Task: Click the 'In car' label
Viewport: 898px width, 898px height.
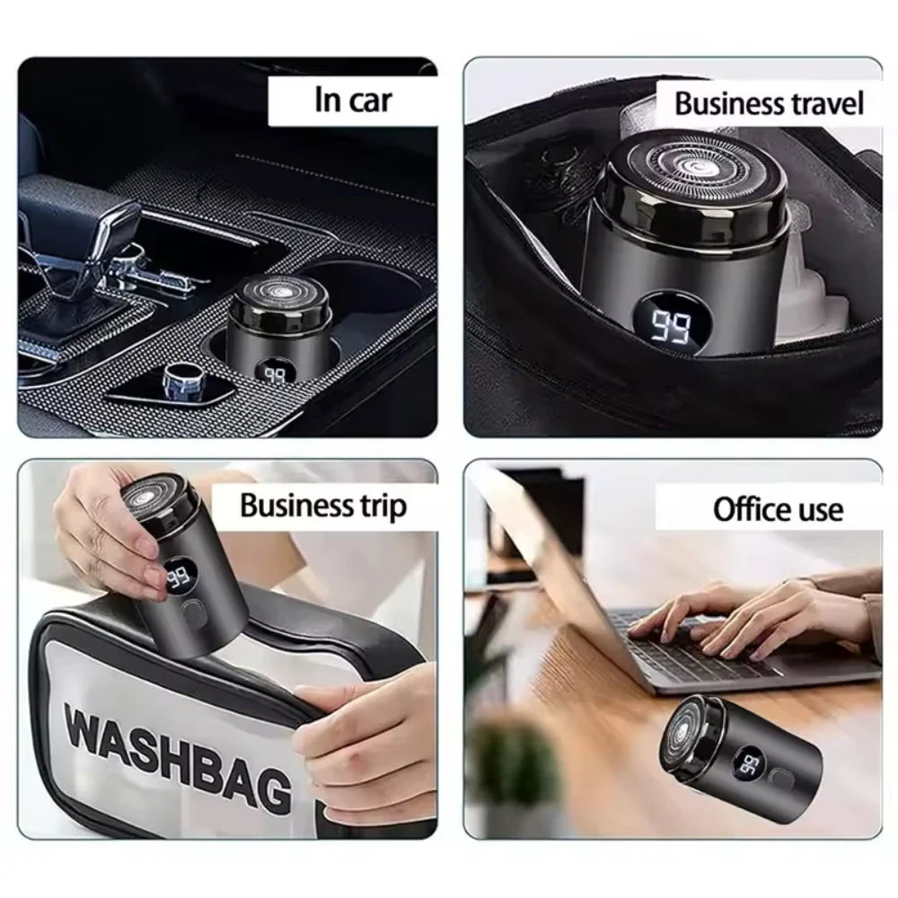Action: click(x=353, y=100)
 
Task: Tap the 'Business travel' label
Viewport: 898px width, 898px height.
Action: click(x=769, y=103)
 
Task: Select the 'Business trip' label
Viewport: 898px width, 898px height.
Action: click(x=322, y=506)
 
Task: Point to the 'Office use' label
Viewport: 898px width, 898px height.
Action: click(x=778, y=510)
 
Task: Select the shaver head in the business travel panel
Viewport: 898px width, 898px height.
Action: click(x=689, y=169)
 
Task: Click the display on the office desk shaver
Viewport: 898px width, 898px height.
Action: click(x=750, y=764)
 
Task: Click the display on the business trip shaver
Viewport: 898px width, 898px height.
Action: click(x=179, y=579)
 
